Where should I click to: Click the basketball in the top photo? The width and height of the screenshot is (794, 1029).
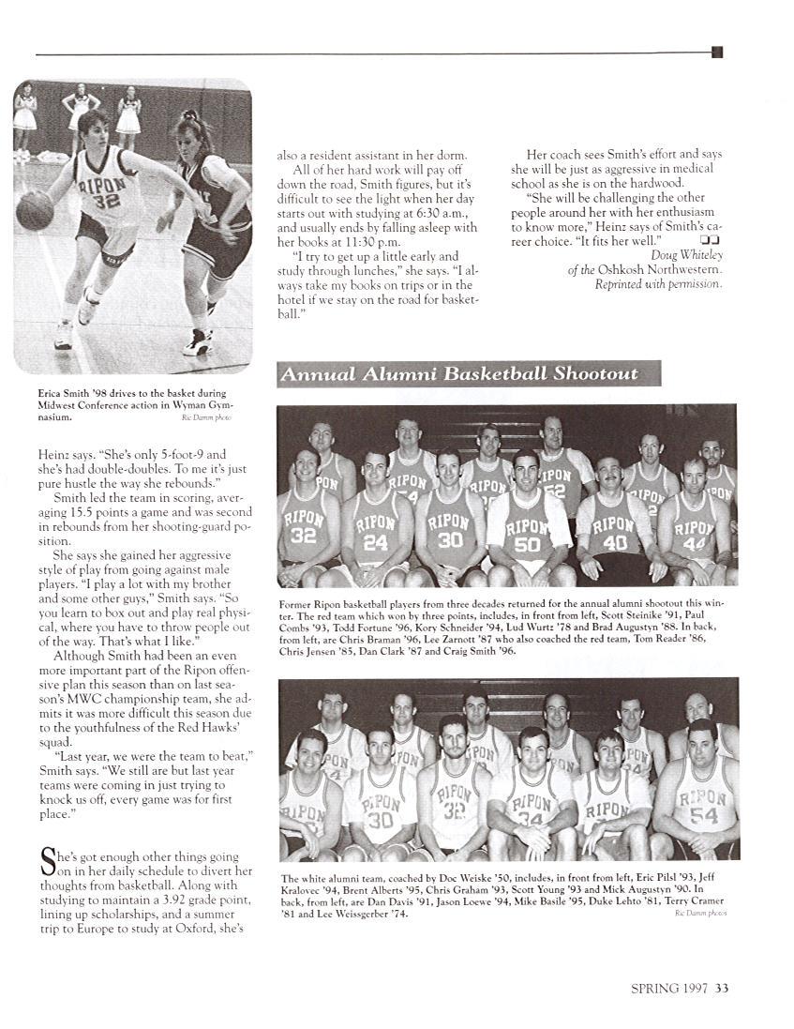pos(35,210)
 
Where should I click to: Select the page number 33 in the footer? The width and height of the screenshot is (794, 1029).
pos(722,986)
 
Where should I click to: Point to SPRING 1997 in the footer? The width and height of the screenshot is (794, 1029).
pos(669,986)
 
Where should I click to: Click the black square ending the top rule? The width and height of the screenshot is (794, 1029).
pos(717,53)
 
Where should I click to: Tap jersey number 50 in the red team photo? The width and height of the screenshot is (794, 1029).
pos(527,543)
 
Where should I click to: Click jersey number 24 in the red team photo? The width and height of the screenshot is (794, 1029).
pos(375,541)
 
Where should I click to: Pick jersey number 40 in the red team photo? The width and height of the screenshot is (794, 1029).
pos(615,541)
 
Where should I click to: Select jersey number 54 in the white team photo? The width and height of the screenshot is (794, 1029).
pos(703,814)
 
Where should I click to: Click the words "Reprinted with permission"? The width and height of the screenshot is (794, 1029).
pos(658,284)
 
